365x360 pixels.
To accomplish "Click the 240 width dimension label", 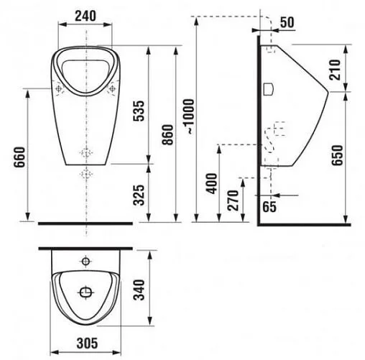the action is click(x=86, y=17).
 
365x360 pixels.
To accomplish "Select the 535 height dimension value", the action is click(x=139, y=111).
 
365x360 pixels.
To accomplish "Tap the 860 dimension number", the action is click(x=167, y=135).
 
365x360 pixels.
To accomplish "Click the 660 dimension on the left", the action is click(x=19, y=157).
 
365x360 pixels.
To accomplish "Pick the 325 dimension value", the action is click(x=139, y=195).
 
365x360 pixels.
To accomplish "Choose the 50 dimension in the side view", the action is click(x=287, y=23).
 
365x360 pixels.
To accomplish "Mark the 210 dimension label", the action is click(x=335, y=70).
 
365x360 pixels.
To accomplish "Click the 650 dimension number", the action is click(x=337, y=155).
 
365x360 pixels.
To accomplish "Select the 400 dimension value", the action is click(x=211, y=183).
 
